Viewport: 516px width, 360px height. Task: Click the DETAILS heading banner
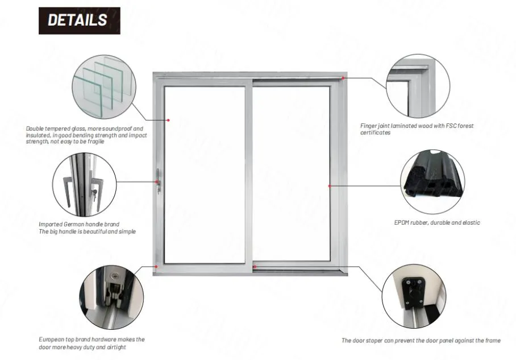tap(79, 20)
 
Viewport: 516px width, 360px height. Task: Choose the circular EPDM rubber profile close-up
tap(432, 180)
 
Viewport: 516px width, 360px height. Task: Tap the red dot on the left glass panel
tap(169, 120)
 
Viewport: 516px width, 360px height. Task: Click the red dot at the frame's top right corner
tap(343, 77)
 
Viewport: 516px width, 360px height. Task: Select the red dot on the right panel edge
tap(330, 185)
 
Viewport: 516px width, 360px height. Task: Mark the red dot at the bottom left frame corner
tap(156, 266)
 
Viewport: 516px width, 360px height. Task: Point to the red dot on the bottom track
tap(255, 266)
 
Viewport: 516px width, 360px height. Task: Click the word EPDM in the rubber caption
tap(402, 223)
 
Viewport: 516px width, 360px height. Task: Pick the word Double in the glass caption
tap(35, 129)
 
